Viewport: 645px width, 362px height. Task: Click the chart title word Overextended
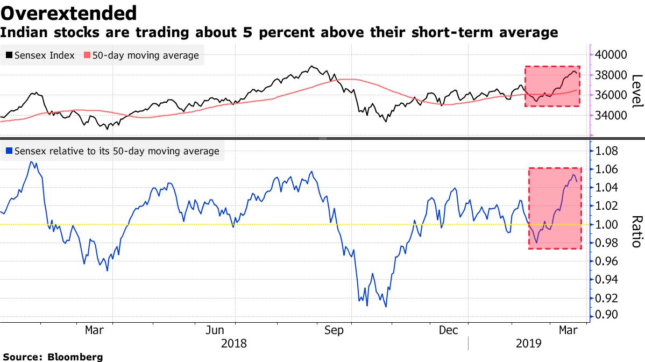(68, 12)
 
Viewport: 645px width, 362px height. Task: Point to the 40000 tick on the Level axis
(612, 55)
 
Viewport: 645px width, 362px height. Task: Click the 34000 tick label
(612, 115)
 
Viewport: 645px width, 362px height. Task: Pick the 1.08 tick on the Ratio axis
(608, 151)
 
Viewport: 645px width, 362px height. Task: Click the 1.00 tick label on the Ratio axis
(608, 224)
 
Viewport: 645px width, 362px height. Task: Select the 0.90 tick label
(608, 316)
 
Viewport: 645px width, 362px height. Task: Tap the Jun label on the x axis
(215, 330)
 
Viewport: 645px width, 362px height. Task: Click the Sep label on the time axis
(335, 330)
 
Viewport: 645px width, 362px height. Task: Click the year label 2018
(233, 343)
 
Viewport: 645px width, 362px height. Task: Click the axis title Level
(636, 90)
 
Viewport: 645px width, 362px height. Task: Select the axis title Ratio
(636, 231)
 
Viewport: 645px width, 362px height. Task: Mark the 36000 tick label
(612, 95)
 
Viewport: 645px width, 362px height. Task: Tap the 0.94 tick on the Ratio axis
(608, 279)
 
